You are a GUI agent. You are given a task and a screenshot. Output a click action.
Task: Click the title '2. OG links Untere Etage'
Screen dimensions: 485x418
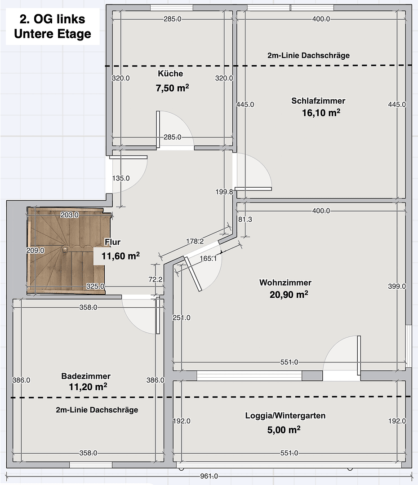tap(52, 26)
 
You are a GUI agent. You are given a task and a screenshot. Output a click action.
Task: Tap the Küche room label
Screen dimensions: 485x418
tap(170, 74)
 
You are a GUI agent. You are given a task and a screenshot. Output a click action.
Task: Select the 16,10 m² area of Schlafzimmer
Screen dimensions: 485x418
tap(320, 113)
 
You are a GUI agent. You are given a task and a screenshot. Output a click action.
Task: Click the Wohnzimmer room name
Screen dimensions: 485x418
tap(285, 282)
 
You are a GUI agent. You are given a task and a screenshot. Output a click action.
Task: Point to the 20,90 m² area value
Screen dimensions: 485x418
tap(289, 295)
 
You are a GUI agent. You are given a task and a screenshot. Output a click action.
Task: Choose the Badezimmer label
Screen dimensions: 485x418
tap(86, 376)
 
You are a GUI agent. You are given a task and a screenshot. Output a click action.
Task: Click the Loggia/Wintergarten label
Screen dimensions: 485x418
tap(285, 416)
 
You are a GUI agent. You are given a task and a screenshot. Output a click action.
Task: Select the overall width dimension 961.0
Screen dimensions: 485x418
tap(209, 476)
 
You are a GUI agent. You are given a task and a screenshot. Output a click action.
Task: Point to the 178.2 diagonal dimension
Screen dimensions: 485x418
tap(195, 241)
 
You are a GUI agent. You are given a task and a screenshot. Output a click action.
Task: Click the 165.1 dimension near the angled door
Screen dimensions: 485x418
tap(208, 258)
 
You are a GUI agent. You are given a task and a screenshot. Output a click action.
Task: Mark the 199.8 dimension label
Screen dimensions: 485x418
tap(224, 192)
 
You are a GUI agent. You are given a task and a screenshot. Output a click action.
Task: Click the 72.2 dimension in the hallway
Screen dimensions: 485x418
tap(155, 279)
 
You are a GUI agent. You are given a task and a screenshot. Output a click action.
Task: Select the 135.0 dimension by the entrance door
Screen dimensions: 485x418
tap(120, 178)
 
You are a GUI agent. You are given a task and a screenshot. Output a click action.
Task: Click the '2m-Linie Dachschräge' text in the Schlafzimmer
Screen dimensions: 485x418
tap(308, 56)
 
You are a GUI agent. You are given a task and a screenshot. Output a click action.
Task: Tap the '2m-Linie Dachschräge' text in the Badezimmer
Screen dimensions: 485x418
tap(97, 410)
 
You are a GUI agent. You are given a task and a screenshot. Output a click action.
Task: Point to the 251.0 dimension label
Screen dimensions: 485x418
tap(182, 317)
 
